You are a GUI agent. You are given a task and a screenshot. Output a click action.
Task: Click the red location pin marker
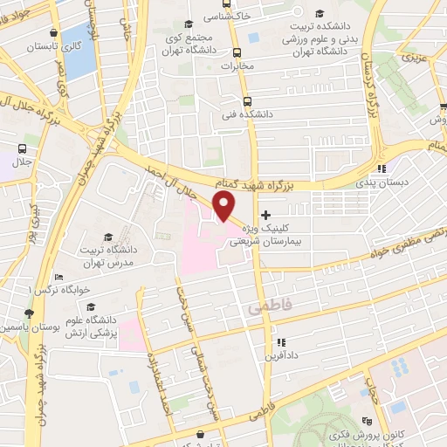pyautogui.click(x=224, y=206)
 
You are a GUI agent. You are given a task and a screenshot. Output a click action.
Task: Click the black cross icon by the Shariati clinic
pyautogui.click(x=265, y=216)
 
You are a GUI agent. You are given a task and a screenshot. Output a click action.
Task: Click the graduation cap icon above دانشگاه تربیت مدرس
pyautogui.click(x=107, y=237)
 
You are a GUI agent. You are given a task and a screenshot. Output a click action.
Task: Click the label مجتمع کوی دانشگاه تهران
pyautogui.click(x=189, y=46)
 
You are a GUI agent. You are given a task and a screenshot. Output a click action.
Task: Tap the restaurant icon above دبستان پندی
pyautogui.click(x=382, y=169)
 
